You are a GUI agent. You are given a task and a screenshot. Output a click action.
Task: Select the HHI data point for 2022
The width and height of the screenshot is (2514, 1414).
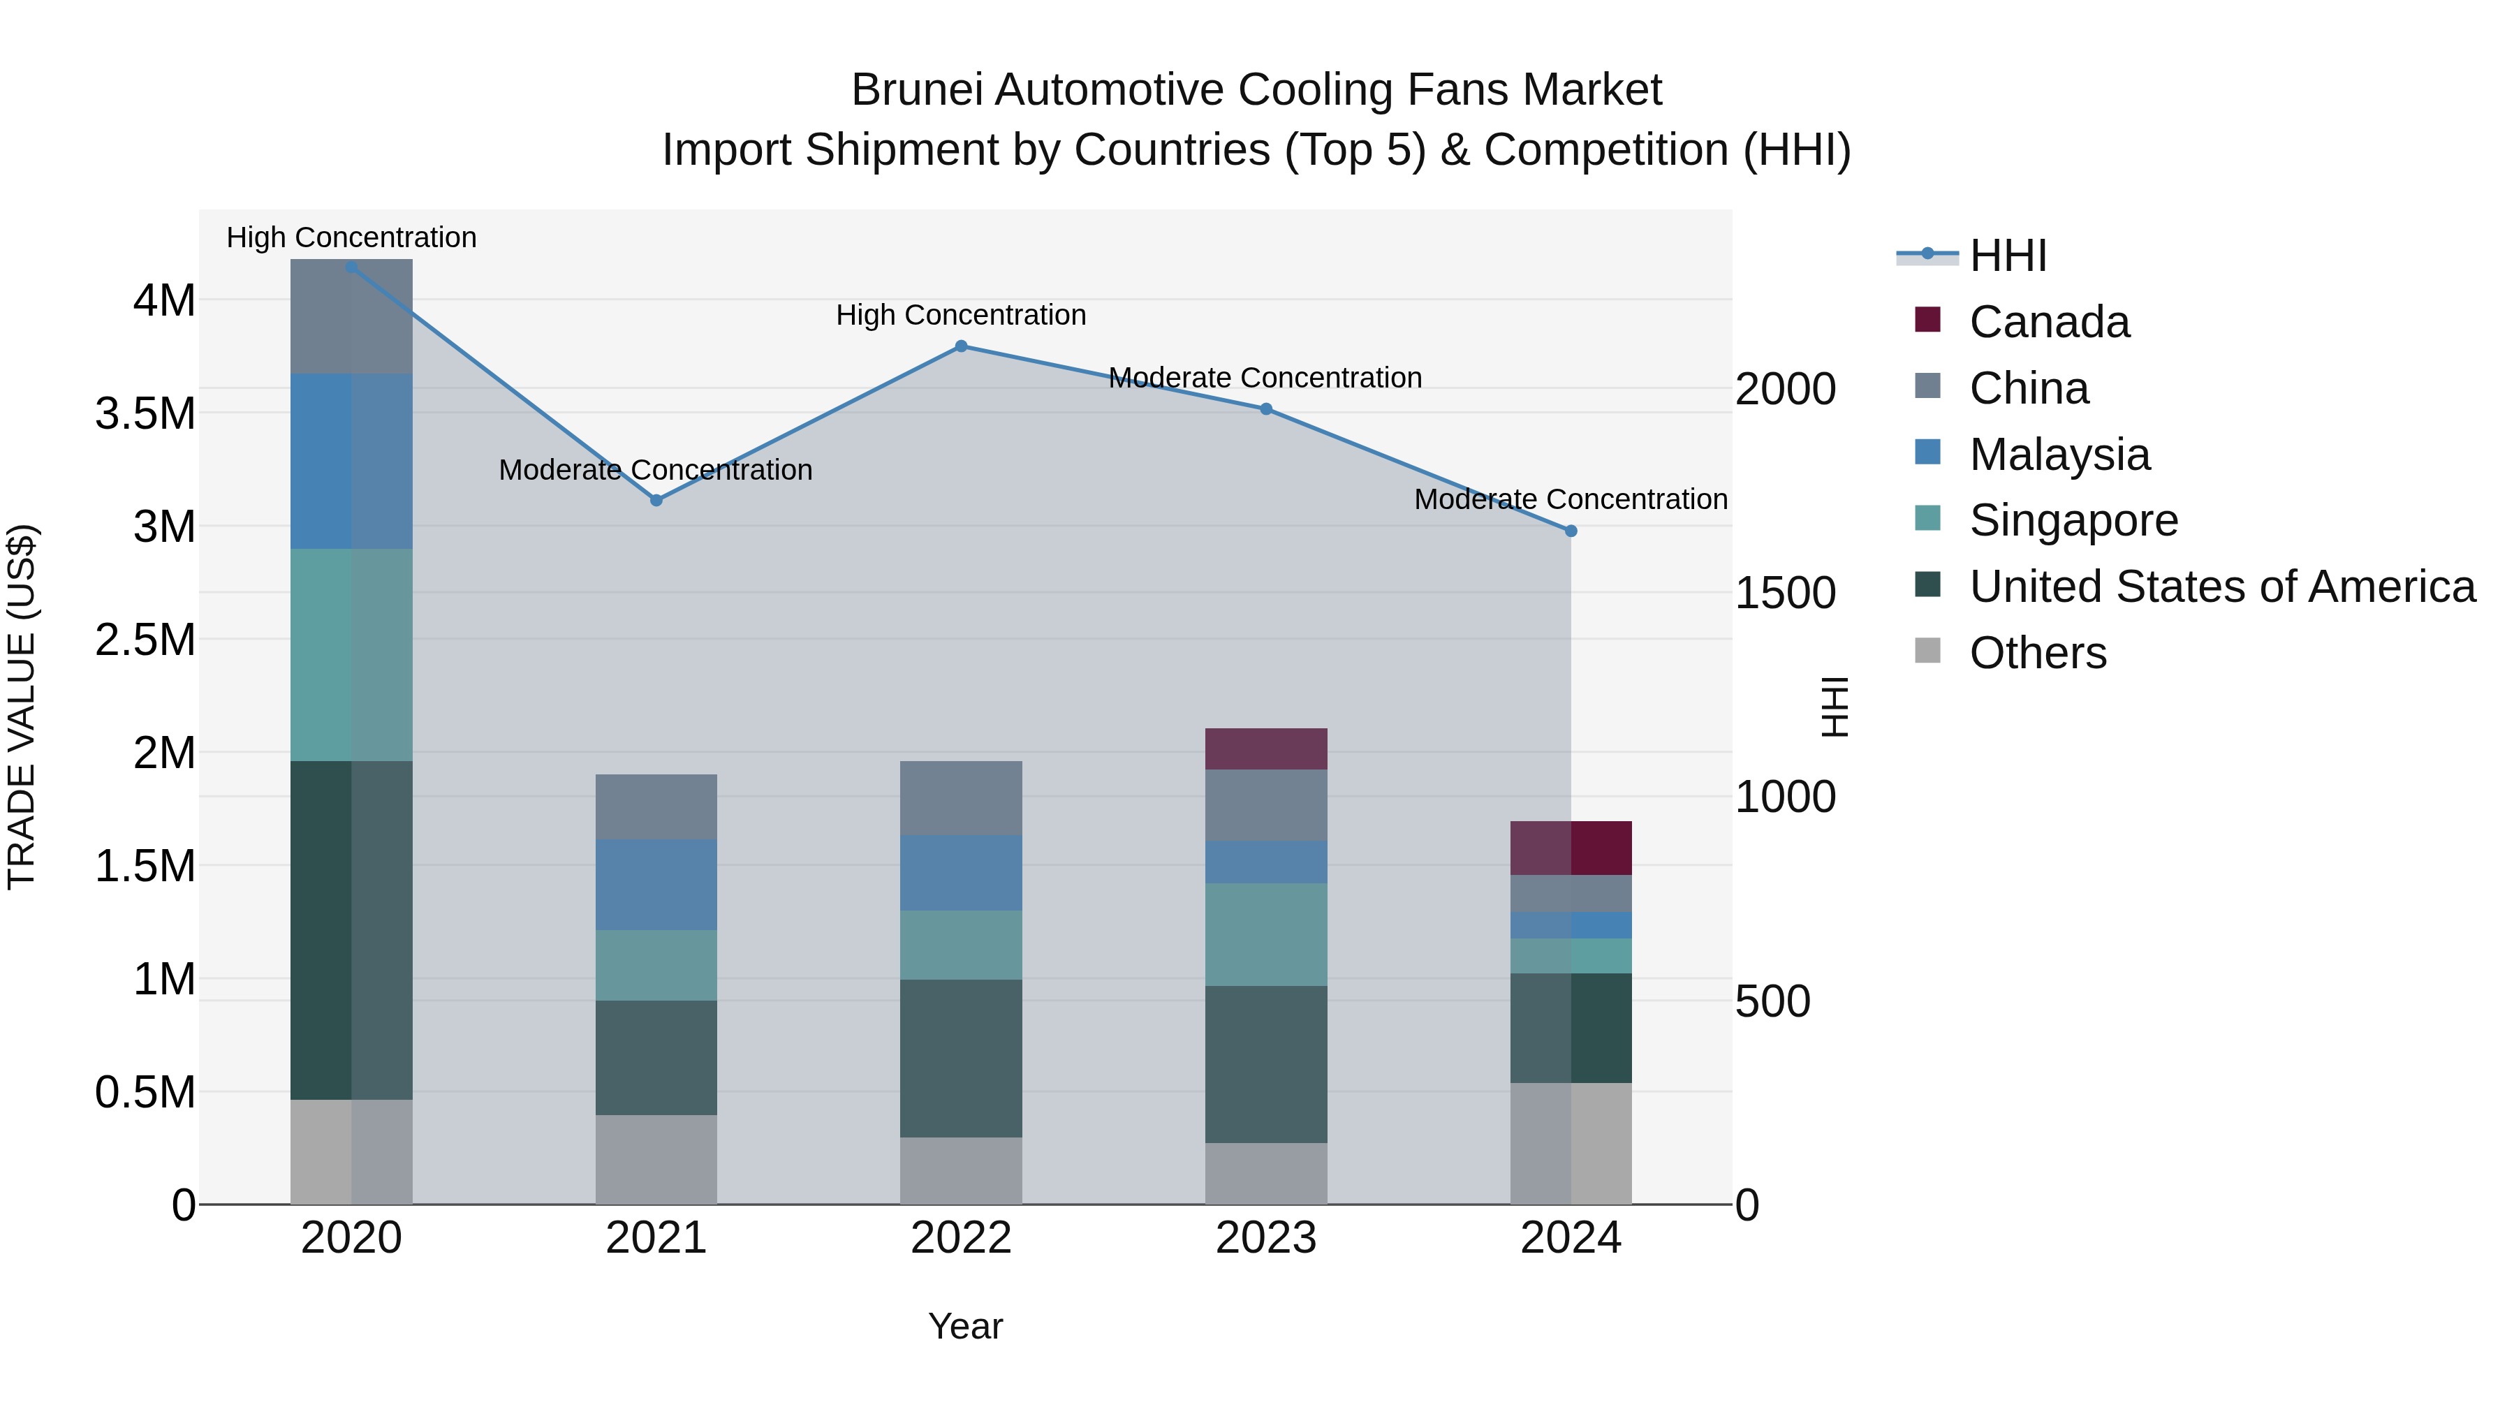coord(962,346)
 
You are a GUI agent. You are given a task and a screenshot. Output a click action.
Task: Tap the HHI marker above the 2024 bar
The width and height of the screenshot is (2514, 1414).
coord(1571,531)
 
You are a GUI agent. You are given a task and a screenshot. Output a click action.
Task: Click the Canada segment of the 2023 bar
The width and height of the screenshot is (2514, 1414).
coord(1266,749)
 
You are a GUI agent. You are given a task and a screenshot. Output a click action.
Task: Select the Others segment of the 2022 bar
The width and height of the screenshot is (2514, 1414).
coord(962,1170)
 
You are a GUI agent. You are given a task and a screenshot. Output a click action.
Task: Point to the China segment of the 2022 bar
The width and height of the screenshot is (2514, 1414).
coord(962,797)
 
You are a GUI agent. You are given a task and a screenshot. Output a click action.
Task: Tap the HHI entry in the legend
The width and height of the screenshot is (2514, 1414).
coord(2008,256)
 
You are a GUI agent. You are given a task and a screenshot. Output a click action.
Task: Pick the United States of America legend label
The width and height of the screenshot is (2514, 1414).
coord(2222,587)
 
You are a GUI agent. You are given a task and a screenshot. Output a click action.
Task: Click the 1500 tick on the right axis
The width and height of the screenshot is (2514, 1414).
coord(1785,594)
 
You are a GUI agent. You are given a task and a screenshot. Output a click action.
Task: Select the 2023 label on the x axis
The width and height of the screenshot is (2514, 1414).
coord(1266,1238)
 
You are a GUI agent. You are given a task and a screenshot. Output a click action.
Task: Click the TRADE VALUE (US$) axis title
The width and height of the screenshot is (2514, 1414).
coord(22,707)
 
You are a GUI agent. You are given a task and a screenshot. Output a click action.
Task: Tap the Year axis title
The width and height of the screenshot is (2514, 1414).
coord(965,1326)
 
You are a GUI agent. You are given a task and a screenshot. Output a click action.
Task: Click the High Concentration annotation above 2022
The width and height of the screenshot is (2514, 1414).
coord(962,315)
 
